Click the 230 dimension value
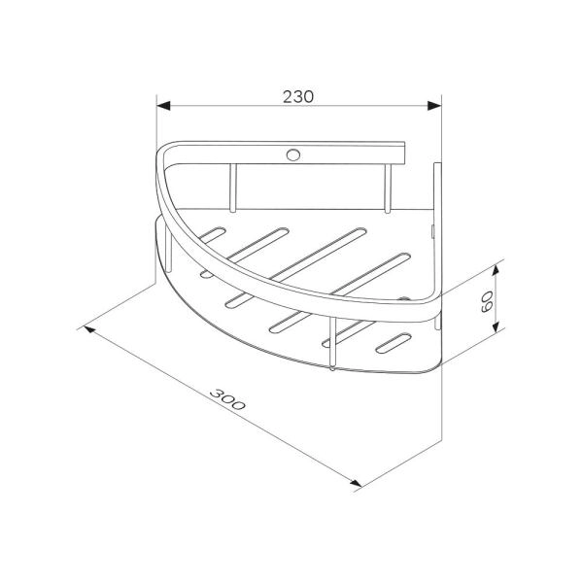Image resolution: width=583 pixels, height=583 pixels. click(298, 96)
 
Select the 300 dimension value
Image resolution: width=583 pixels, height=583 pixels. click(227, 399)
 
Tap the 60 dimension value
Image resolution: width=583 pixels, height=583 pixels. click(487, 301)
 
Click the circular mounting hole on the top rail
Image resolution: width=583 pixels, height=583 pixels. click(293, 154)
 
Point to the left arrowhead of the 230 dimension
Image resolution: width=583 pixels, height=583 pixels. click(163, 106)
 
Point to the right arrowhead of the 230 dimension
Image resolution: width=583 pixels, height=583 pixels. click(434, 106)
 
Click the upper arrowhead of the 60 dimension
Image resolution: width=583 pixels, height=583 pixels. click(495, 271)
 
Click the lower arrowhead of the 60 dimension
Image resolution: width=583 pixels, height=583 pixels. click(495, 327)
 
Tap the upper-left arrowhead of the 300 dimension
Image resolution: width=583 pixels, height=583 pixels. click(89, 329)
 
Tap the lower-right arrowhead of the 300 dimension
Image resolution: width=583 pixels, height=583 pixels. click(356, 483)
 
